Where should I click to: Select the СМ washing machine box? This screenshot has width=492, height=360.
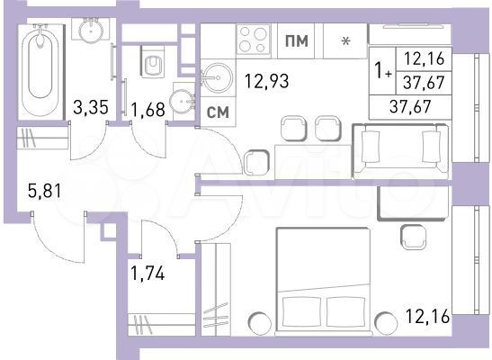point(217,112)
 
